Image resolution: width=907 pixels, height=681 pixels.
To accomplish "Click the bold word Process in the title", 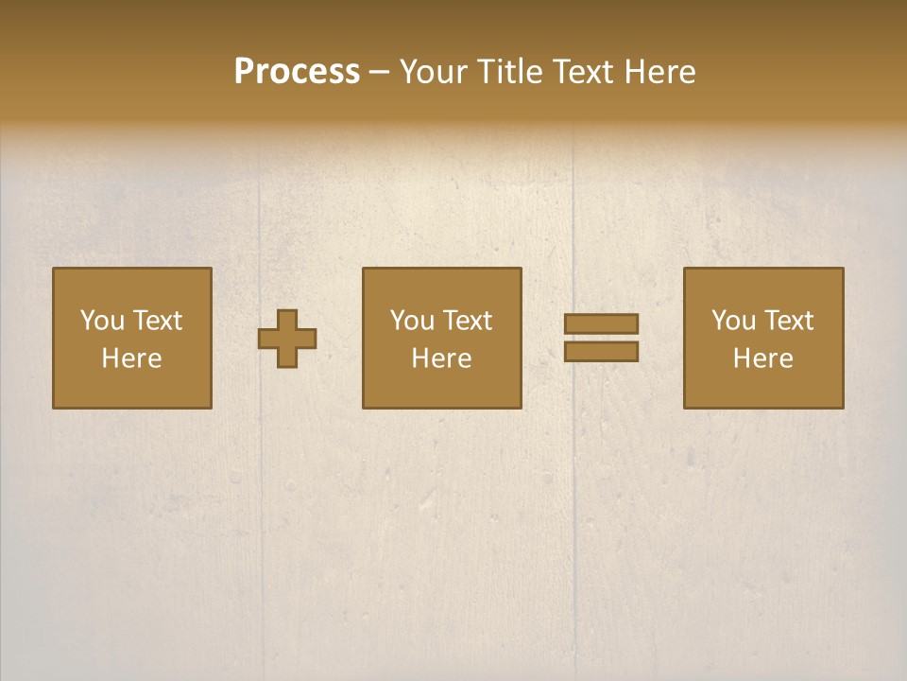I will (297, 72).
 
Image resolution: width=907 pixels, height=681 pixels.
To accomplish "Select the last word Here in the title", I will (660, 72).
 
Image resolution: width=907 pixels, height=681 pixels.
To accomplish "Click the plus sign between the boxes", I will (287, 339).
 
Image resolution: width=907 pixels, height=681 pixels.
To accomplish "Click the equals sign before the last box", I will (601, 338).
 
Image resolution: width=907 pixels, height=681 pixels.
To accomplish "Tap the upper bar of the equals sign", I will (601, 324).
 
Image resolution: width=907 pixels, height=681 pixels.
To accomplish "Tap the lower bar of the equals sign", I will (601, 351).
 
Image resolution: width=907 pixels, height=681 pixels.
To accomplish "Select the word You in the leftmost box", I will (102, 321).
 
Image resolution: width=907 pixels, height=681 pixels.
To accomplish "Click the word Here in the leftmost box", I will (131, 358).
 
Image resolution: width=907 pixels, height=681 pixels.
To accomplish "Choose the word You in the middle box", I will (412, 321).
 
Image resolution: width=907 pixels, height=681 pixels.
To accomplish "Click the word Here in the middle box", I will (441, 358).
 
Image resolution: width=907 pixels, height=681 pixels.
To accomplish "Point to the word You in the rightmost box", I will (733, 321).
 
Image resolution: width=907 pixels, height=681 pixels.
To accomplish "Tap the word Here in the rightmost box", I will (762, 358).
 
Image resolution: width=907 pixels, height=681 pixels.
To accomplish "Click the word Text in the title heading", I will (583, 72).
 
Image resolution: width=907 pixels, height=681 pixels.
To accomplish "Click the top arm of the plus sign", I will (287, 320).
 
